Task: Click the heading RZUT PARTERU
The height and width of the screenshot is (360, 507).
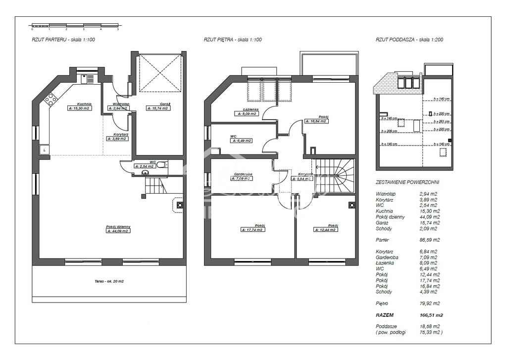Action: [63, 40]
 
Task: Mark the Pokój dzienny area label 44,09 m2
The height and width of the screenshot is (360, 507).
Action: [118, 231]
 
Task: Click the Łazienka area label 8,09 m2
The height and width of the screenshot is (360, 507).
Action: [247, 113]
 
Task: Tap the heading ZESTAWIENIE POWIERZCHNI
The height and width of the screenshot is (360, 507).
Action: [407, 182]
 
